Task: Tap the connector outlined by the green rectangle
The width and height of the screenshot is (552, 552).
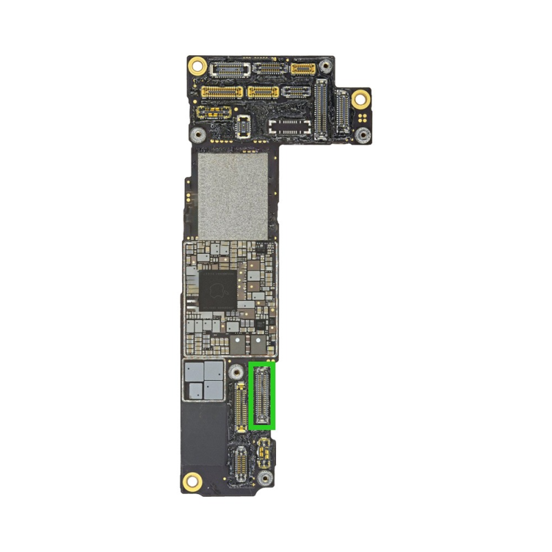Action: pyautogui.click(x=262, y=395)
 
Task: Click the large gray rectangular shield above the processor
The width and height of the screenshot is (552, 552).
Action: pyautogui.click(x=233, y=195)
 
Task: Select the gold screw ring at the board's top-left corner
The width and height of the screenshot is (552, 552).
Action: pyautogui.click(x=197, y=67)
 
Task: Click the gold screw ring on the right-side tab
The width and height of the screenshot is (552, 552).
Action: pyautogui.click(x=359, y=99)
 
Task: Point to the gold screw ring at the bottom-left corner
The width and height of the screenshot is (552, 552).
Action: pyautogui.click(x=193, y=481)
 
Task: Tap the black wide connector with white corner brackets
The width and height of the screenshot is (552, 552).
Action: pyautogui.click(x=290, y=126)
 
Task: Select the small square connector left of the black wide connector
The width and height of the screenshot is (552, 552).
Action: pyautogui.click(x=243, y=126)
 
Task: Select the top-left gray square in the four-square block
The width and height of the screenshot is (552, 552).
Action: pyautogui.click(x=193, y=373)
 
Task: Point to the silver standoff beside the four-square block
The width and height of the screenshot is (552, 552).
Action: pyautogui.click(x=236, y=373)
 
